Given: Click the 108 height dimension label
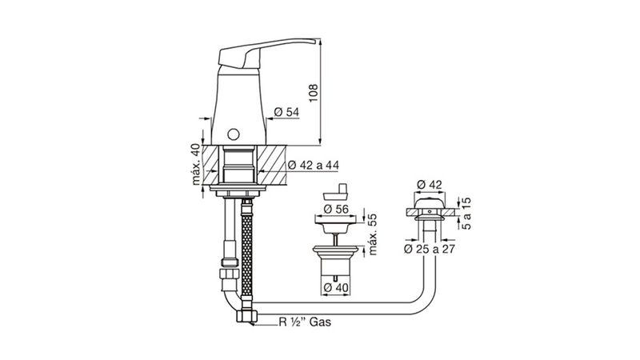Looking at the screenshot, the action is click(313, 93).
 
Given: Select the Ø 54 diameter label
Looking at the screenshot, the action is click(286, 112).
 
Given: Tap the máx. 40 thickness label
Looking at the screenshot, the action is click(196, 164).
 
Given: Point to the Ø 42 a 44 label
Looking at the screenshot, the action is click(313, 166).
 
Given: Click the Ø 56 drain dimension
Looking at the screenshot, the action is click(336, 209).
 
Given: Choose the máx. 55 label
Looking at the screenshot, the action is click(373, 234).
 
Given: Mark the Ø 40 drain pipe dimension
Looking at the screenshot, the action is click(336, 288).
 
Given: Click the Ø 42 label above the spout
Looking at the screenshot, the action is click(430, 185).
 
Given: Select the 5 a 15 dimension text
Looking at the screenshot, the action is click(466, 214).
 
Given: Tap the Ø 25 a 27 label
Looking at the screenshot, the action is click(430, 249).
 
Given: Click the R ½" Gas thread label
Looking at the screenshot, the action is click(305, 322).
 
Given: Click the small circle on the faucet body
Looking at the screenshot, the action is click(233, 134).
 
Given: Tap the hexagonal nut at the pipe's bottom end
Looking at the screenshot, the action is click(246, 316).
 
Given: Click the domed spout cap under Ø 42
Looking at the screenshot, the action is click(429, 202).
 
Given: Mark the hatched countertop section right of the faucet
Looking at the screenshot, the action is click(272, 164).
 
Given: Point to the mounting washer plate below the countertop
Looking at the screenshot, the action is click(238, 188).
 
